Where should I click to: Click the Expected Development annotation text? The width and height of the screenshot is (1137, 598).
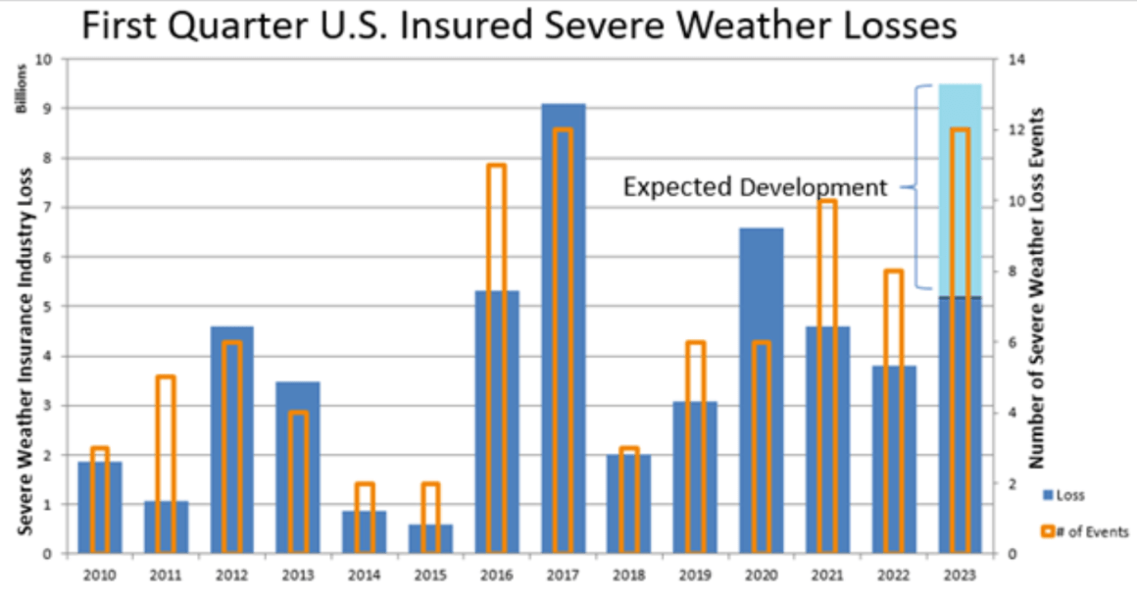point(755,186)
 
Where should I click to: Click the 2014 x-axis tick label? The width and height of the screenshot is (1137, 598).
point(365,573)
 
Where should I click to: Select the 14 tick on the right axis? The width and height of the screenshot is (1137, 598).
point(1013,59)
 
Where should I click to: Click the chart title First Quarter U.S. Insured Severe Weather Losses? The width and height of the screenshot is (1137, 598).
point(519,25)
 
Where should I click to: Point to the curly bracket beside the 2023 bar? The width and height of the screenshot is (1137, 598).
point(918,186)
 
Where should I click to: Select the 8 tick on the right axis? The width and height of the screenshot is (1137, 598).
point(1010,272)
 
